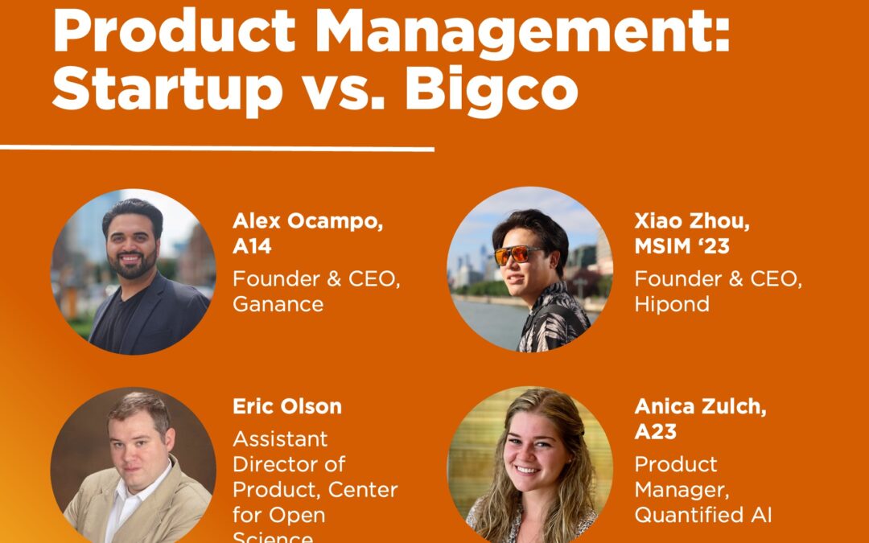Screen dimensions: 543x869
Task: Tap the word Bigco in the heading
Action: click(x=491, y=90)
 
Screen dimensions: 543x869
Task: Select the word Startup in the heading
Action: click(x=167, y=90)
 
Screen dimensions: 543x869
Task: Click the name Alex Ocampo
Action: click(x=307, y=221)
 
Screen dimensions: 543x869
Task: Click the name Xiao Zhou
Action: click(x=691, y=221)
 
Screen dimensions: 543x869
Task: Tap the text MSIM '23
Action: click(x=682, y=246)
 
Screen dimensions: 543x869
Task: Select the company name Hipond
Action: click(x=672, y=304)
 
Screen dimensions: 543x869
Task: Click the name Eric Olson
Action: click(x=287, y=406)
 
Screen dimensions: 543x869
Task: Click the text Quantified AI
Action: click(x=703, y=515)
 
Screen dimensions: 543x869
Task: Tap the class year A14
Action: click(x=252, y=246)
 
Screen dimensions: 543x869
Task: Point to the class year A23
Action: click(x=656, y=431)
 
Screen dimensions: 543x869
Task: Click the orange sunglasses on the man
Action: click(x=518, y=256)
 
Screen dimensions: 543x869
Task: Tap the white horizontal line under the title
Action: click(x=217, y=148)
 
